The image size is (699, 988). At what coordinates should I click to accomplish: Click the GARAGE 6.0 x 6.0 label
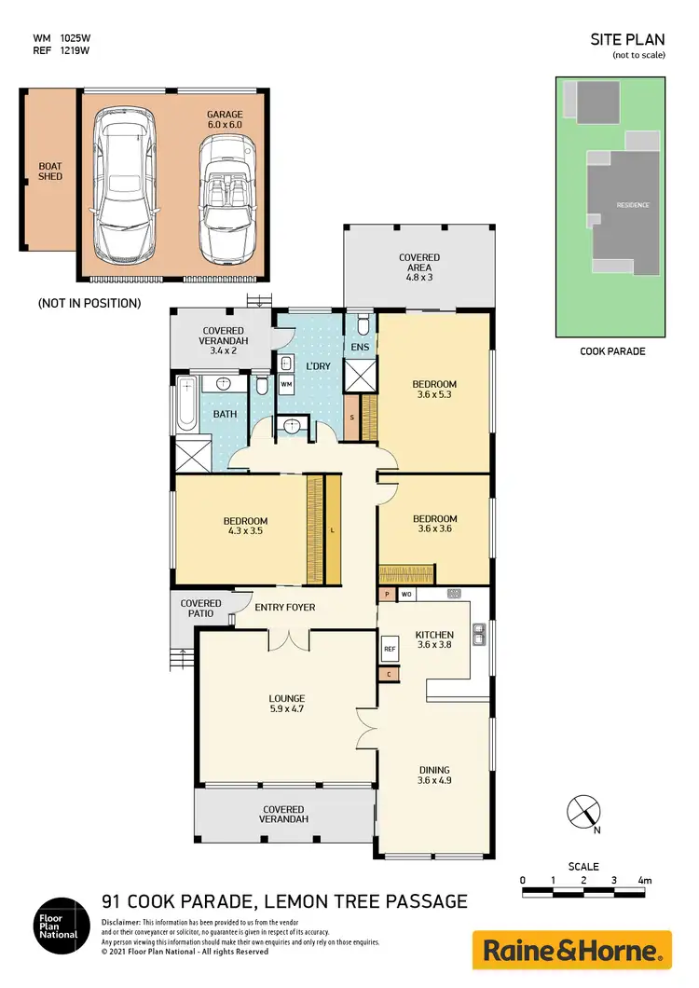225,118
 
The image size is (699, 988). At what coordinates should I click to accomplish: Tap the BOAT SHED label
49,172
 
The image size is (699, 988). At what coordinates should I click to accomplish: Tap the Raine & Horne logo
572,950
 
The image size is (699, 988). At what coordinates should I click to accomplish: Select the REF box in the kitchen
390,648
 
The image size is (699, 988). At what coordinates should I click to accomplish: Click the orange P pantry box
387,594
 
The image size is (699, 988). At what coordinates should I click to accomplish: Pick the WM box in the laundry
286,385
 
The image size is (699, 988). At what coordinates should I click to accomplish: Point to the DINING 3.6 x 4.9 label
435,775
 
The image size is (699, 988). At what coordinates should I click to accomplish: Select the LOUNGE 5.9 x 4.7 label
286,703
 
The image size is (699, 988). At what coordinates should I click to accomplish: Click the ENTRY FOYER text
285,608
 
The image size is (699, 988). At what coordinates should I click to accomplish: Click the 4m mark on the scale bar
644,881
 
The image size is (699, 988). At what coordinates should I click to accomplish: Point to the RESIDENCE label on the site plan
632,205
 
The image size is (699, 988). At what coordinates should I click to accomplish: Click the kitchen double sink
478,635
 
